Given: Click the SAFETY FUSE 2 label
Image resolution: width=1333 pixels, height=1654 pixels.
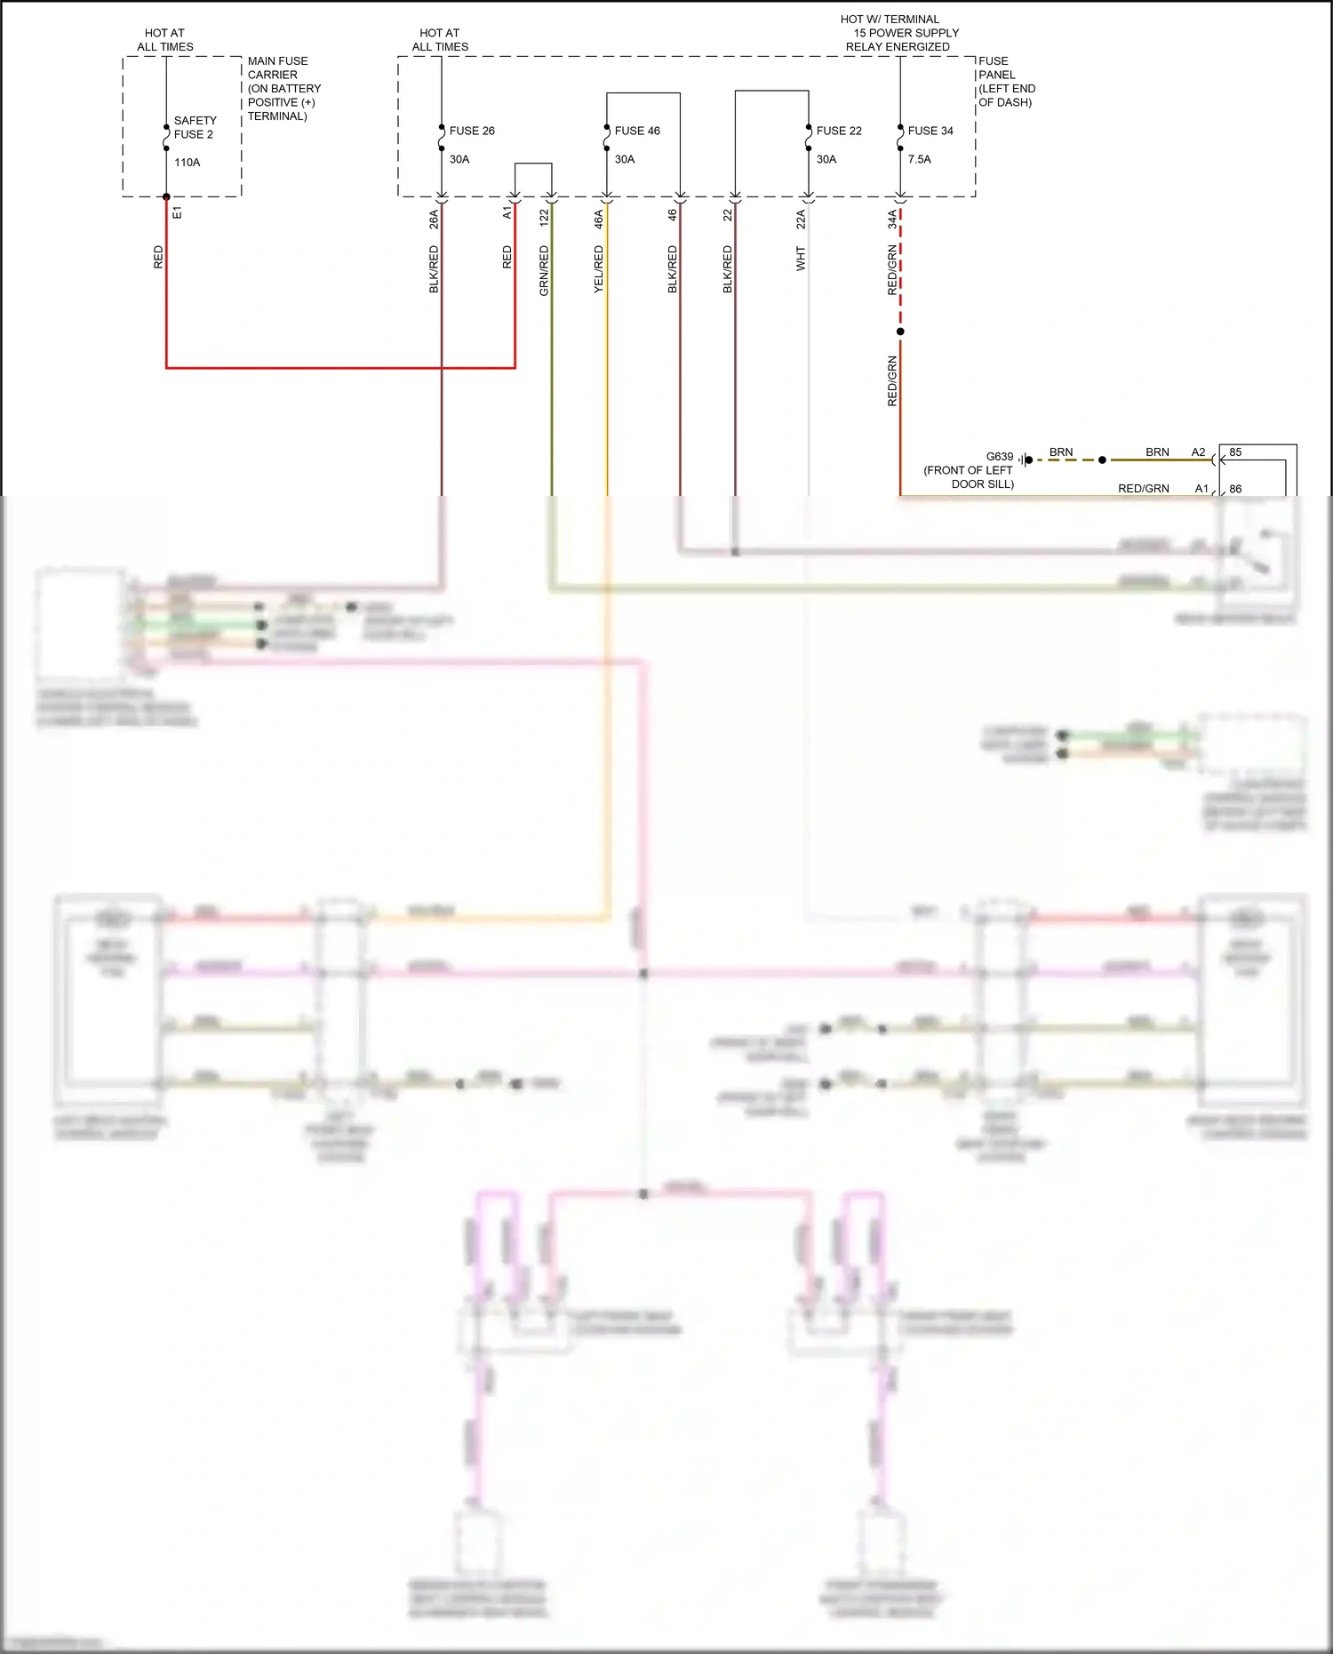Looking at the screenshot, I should pos(195,127).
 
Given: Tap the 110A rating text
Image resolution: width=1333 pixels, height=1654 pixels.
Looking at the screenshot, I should pos(188,163).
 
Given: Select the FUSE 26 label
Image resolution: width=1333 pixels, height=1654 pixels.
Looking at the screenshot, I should pos(472,131).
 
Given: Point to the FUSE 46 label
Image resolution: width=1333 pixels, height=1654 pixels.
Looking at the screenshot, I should pos(637,131).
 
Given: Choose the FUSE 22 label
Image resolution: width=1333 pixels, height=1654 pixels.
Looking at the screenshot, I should pos(839,131).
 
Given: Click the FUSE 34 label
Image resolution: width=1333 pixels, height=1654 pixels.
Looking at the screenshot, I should pos(930,131).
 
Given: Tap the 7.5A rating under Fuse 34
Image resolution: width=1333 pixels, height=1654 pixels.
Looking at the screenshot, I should pos(920,159).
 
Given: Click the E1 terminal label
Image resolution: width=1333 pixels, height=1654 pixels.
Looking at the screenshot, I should pos(177,212).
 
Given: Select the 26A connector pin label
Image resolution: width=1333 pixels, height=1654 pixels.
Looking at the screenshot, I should pos(434,220).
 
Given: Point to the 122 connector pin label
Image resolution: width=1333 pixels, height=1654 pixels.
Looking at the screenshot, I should pos(544,216).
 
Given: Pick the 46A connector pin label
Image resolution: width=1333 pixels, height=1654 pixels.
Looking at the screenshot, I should pos(599,220).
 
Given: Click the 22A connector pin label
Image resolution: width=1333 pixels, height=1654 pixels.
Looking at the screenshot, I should pos(801,220).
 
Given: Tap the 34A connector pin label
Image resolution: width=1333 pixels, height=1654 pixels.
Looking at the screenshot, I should pos(892,220).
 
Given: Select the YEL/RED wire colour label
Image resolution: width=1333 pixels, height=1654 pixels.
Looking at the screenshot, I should pos(599,269).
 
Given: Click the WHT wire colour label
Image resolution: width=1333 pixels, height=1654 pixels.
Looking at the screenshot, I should pos(801,259).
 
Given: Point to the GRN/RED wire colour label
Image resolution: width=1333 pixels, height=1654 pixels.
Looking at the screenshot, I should pos(544,270).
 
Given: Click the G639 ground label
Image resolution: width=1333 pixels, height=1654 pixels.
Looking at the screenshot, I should pos(1000,456).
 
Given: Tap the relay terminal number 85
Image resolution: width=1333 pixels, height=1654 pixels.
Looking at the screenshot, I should pos(1235,452).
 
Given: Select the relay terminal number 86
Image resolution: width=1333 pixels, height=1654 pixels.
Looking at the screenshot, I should pos(1235,489).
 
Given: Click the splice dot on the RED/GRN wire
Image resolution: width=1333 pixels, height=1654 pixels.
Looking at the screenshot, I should pos(900,332).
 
